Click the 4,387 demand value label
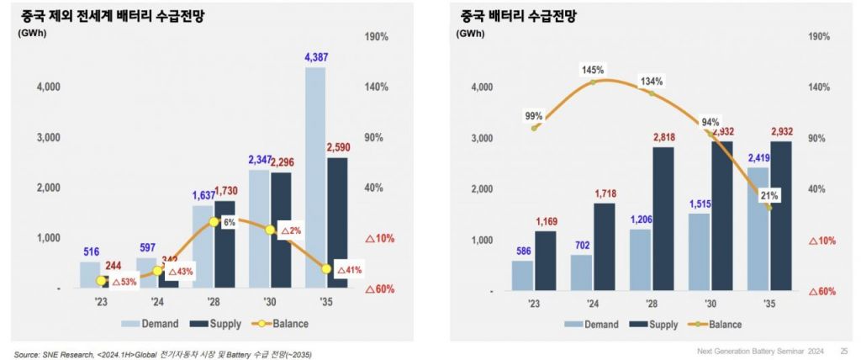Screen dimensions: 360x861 tap(314, 58)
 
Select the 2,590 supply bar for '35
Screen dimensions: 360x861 tap(336, 223)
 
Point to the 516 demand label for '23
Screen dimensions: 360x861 tap(91, 251)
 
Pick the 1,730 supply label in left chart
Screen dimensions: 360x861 tap(231, 190)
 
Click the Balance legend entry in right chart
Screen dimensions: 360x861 tap(716, 325)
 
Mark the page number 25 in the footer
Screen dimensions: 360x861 tap(843, 351)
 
